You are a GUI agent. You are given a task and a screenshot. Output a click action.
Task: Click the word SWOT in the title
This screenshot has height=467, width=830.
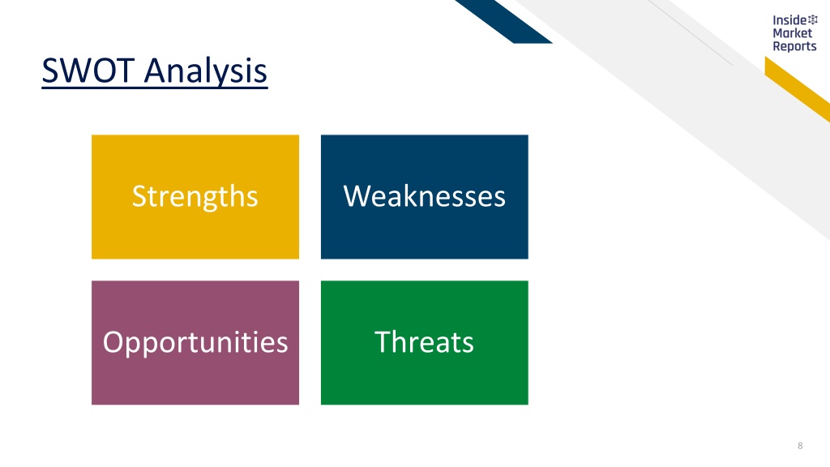pos(88,71)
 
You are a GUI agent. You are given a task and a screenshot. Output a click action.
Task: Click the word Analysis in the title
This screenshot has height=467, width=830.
pos(206,72)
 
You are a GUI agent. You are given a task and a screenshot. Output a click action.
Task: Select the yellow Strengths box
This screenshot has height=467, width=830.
pos(195,197)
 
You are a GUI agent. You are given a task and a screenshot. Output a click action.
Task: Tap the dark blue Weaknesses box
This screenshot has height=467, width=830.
pos(425,197)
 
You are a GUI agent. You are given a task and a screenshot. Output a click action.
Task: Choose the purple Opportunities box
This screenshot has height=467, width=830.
pos(195,343)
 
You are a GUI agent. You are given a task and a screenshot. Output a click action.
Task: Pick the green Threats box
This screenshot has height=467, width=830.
pos(425,343)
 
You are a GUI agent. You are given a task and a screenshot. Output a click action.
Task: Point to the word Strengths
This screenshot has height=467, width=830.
pos(195,197)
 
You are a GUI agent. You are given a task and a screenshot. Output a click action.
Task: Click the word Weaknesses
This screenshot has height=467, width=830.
pos(425,196)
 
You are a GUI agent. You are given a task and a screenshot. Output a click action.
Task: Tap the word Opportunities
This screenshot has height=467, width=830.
pos(195,343)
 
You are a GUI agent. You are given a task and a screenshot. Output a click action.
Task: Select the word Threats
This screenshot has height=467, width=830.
pos(424,341)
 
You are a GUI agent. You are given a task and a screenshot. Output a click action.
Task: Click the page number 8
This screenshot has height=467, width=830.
pos(800,446)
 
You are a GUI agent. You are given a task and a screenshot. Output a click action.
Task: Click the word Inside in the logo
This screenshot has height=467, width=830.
pos(789,20)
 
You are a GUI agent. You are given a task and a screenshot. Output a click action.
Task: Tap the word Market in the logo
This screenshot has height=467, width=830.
pos(793,32)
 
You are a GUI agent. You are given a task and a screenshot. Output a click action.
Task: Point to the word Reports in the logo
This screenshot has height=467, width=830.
pos(794,46)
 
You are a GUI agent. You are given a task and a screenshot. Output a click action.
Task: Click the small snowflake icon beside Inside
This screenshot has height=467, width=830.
pos(812,19)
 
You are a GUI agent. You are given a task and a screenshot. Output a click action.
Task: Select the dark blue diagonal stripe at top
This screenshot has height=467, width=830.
pos(503,22)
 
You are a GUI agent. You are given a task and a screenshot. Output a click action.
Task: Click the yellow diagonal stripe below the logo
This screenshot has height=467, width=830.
pos(798,89)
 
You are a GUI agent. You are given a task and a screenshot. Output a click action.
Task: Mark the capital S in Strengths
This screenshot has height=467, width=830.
pos(139,196)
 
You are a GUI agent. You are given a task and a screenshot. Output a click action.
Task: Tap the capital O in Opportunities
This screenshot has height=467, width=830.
pos(113,342)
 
